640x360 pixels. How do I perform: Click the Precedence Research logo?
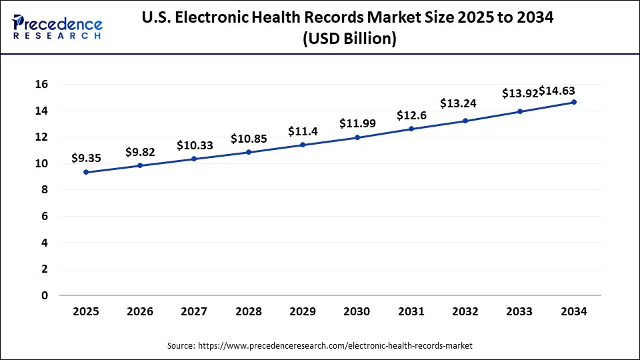pyautogui.click(x=57, y=27)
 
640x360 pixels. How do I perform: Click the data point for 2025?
pyautogui.click(x=86, y=172)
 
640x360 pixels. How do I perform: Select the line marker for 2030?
pyautogui.click(x=357, y=137)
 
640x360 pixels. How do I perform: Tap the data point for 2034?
pyautogui.click(x=574, y=102)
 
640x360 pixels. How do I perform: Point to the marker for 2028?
pyautogui.click(x=249, y=152)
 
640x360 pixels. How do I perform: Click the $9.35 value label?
pyautogui.click(x=86, y=159)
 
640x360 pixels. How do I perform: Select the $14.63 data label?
pyautogui.click(x=557, y=91)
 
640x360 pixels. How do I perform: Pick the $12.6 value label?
pyautogui.click(x=411, y=115)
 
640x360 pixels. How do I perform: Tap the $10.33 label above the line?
pyautogui.click(x=195, y=145)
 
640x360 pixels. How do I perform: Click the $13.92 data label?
pyautogui.click(x=519, y=93)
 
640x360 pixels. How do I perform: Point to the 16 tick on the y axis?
pyautogui.click(x=41, y=84)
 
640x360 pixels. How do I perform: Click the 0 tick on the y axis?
pyautogui.click(x=45, y=295)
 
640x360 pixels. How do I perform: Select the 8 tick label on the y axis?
pyautogui.click(x=45, y=190)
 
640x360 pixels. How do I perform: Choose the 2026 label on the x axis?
pyautogui.click(x=140, y=311)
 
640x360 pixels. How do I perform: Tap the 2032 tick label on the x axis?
pyautogui.click(x=465, y=311)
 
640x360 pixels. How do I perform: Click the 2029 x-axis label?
pyautogui.click(x=303, y=311)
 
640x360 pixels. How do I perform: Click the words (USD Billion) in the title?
pyautogui.click(x=349, y=39)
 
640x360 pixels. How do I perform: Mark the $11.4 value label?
pyautogui.click(x=303, y=131)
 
